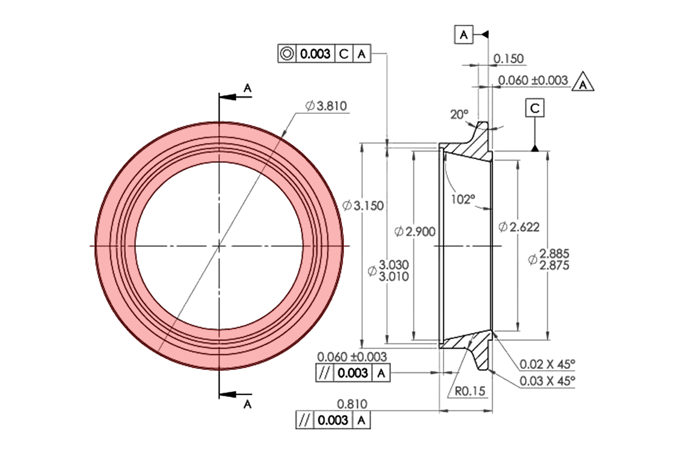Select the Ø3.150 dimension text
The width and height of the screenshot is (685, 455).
tap(363, 205)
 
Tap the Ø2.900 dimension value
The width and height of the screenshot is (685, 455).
tap(415, 231)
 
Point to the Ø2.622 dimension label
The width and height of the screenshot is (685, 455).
tap(519, 227)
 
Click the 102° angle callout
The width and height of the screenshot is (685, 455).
tap(462, 199)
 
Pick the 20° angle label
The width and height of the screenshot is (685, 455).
tap(459, 114)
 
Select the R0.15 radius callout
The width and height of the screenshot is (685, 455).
tap(470, 391)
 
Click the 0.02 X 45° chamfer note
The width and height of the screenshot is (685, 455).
tap(547, 364)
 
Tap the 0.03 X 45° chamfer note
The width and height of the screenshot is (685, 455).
tap(547, 381)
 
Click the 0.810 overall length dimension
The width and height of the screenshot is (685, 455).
tap(352, 404)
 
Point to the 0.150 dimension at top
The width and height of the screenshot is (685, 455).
tap(508, 59)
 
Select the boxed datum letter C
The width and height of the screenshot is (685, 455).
tap(535, 108)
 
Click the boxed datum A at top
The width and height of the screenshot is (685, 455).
tap(464, 35)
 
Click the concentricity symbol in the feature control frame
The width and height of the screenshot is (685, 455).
tap(287, 53)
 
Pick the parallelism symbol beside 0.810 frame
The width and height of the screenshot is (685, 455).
tap(304, 420)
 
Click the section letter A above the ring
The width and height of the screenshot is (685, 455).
tap(248, 88)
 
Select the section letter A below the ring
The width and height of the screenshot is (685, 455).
tap(248, 404)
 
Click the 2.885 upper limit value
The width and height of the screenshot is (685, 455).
tap(554, 253)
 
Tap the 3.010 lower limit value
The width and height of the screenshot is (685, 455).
tap(394, 276)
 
